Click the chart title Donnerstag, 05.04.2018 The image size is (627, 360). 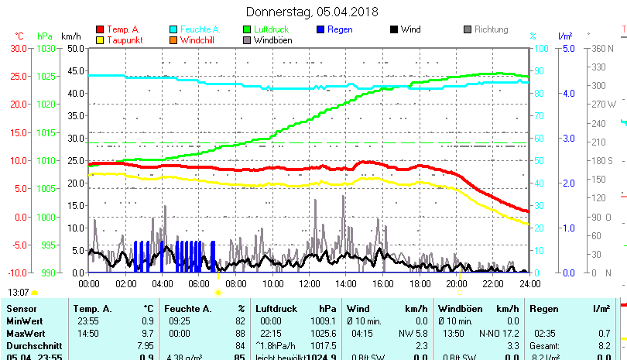coord(313,12)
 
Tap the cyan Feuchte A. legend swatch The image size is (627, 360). coord(174,30)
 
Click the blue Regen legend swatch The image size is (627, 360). coord(321,30)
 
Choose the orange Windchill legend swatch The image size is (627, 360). coord(174,40)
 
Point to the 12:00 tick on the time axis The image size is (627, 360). coord(309,284)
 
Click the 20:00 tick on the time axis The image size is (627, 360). coord(455,284)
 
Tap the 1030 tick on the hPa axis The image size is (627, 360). coord(46,48)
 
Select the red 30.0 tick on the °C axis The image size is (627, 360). coord(18,48)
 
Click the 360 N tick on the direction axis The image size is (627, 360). coord(603,48)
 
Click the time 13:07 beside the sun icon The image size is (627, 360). coord(18,293)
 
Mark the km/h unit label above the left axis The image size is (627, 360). coord(70,36)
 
